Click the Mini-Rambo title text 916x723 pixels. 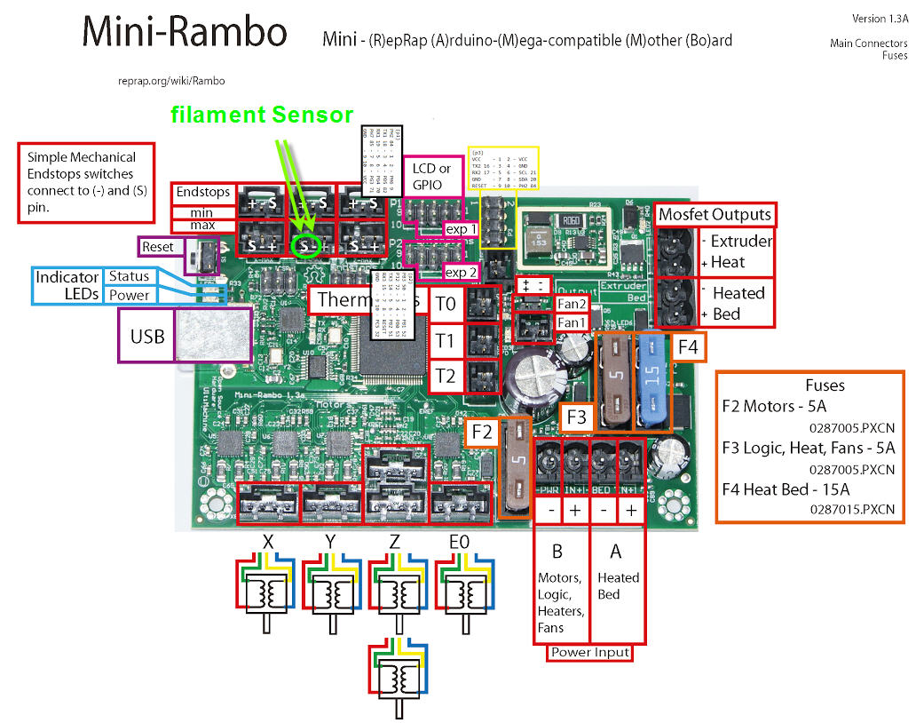tap(185, 33)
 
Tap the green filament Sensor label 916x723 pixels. tap(262, 115)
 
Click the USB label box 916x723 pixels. tap(147, 336)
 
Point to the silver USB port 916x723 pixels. tap(213, 336)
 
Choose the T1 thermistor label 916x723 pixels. tap(446, 340)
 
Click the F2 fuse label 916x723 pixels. tap(481, 433)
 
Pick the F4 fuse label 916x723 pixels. tap(688, 346)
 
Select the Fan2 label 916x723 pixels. tap(571, 304)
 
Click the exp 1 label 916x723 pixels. tap(462, 229)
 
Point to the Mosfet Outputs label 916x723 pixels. tap(715, 214)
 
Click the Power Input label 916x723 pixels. tap(590, 652)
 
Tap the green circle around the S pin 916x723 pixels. tap(306, 244)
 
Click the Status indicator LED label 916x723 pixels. tap(129, 276)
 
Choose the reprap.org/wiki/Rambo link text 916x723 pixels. tap(171, 81)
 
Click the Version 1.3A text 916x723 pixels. tap(879, 19)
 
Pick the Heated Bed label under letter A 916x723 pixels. tap(618, 585)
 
